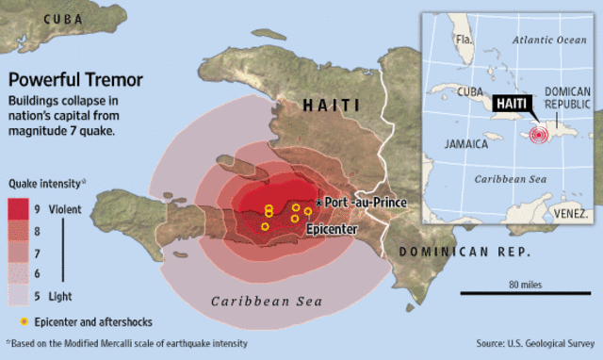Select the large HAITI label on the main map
334,108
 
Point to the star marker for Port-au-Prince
319,203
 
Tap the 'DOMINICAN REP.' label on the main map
464,253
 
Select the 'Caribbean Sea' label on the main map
265,302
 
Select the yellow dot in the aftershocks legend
14,321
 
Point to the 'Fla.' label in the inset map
464,40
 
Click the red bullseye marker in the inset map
539,135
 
